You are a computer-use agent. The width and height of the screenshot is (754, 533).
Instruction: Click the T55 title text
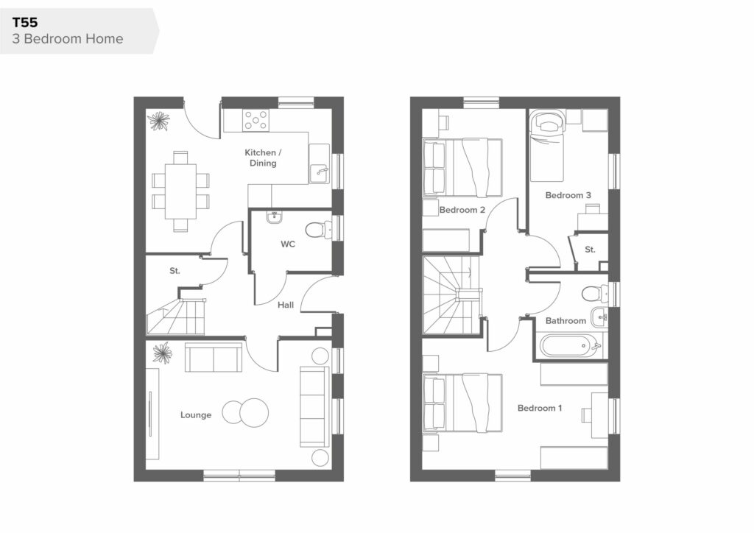25,23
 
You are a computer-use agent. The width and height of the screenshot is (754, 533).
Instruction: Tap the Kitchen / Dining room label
263,158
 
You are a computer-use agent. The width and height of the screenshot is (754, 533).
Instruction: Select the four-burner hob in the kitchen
256,120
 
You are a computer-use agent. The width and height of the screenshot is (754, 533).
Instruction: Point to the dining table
180,191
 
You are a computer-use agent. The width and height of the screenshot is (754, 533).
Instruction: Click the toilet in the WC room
319,230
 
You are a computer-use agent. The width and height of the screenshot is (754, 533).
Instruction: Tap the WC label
288,244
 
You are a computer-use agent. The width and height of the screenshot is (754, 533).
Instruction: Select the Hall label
286,305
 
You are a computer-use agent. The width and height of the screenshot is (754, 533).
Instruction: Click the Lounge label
196,414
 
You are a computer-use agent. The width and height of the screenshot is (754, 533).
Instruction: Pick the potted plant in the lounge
162,353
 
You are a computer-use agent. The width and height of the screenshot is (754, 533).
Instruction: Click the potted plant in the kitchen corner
158,121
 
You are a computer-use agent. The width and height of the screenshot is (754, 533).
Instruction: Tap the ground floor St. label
175,271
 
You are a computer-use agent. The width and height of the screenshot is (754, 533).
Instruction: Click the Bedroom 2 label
462,210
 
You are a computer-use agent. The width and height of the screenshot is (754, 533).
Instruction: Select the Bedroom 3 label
568,195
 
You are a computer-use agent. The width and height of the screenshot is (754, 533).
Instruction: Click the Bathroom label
565,320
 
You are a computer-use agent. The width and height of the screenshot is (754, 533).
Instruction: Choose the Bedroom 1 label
540,408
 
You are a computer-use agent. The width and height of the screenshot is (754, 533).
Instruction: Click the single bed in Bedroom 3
546,146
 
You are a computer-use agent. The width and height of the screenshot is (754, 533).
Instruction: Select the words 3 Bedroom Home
68,39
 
